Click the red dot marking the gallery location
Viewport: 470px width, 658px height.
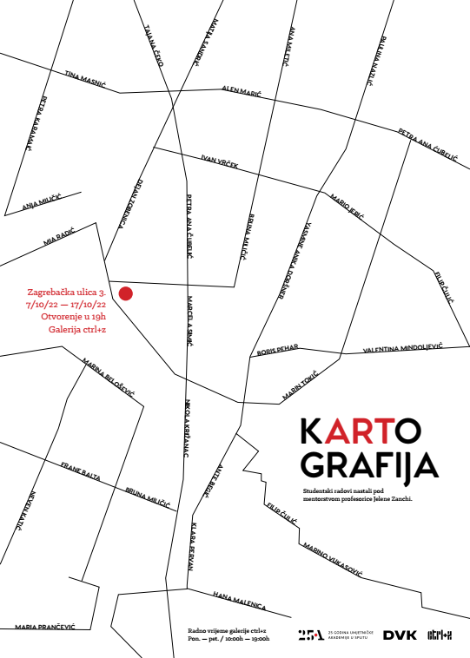pos(125,293)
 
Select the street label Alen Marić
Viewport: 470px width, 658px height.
pos(242,90)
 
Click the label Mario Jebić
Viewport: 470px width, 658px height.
pos(348,206)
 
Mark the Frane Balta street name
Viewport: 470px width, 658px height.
pos(81,470)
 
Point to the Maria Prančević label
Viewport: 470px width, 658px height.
pos(45,627)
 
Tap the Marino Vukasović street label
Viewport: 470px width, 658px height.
pos(334,560)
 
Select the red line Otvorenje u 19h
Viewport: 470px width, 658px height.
pos(75,318)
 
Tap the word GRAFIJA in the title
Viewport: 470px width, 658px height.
pos(368,466)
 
